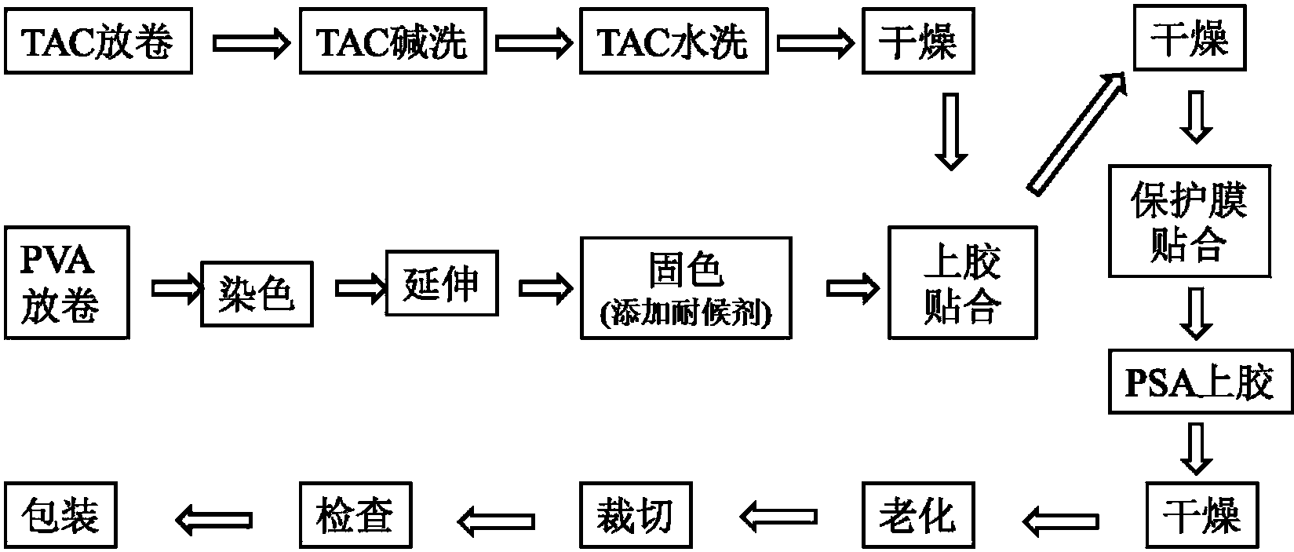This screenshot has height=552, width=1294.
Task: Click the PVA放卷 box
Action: (x=67, y=283)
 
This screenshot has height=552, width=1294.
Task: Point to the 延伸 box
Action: (x=442, y=283)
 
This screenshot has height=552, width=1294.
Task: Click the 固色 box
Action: (x=685, y=288)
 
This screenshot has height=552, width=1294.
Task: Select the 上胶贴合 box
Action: (x=961, y=283)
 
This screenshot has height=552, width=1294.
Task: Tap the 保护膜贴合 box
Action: (x=1189, y=221)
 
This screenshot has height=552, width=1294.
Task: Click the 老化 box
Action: (x=917, y=515)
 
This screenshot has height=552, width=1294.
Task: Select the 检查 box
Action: (x=355, y=515)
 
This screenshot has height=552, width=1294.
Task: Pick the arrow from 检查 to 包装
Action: (x=213, y=517)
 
